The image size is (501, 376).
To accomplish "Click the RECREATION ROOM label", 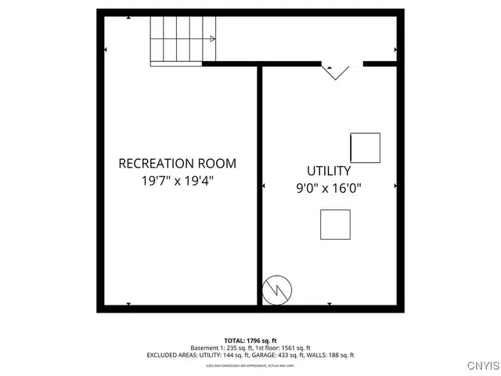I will pyautogui.click(x=177, y=164).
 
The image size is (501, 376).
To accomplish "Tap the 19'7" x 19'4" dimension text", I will pyautogui.click(x=177, y=180).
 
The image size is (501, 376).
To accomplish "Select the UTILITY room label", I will pyautogui.click(x=329, y=171).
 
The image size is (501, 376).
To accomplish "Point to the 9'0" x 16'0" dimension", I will pyautogui.click(x=329, y=187).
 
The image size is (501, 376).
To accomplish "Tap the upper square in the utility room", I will pyautogui.click(x=365, y=147).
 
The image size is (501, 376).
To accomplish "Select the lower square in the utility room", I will pyautogui.click(x=335, y=224).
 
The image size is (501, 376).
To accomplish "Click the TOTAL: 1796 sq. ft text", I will pyautogui.click(x=250, y=341).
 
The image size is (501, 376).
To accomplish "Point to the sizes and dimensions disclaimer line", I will pyautogui.click(x=250, y=364).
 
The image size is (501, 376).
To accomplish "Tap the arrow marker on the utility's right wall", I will pyautogui.click(x=395, y=186).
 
